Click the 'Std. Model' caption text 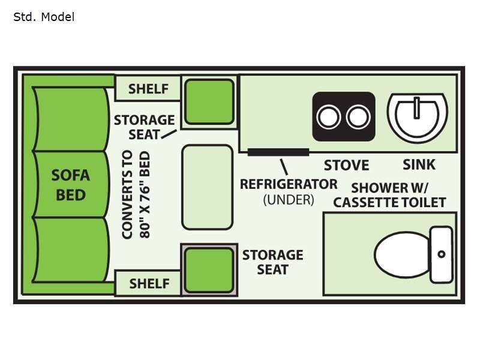click(44, 17)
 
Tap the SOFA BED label click(71, 185)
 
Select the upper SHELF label click(149, 89)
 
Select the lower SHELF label click(149, 283)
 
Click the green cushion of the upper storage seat click(208, 101)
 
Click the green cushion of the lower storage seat click(208, 270)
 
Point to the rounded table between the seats click(207, 187)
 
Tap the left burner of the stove click(329, 117)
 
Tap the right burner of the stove click(358, 117)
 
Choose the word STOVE click(346, 165)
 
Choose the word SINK click(419, 164)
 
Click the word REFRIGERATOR click(289, 184)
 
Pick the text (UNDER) click(289, 200)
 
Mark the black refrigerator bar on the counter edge click(278, 152)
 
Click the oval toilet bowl click(400, 254)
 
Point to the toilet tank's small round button click(442, 254)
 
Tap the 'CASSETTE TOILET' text click(389, 202)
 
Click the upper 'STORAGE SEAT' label click(144, 127)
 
